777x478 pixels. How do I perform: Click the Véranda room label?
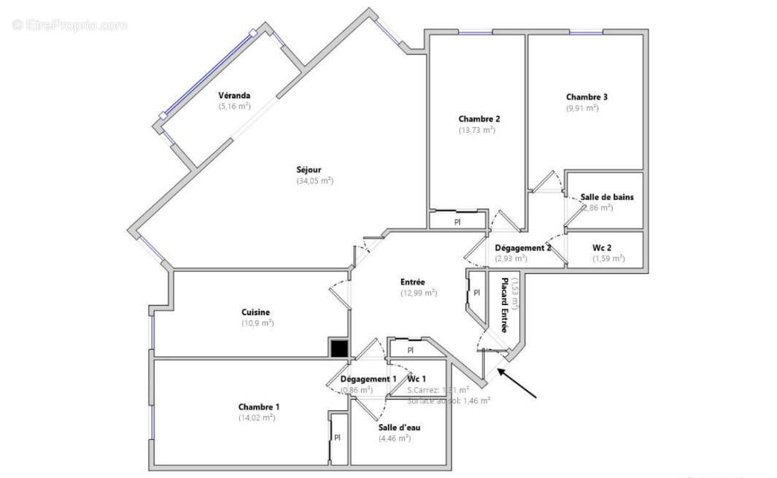tap(235, 96)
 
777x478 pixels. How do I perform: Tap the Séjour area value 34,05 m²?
tap(314, 181)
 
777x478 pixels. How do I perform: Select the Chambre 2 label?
tap(479, 119)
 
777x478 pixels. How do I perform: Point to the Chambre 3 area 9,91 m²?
tap(581, 108)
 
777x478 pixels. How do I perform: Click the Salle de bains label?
tap(607, 197)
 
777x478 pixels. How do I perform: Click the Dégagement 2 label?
tap(522, 247)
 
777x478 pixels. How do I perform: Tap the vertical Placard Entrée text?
tap(503, 305)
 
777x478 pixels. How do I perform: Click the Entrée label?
tap(412, 282)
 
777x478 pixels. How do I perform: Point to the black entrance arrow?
tap(518, 384)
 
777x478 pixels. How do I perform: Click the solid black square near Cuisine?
tap(339, 349)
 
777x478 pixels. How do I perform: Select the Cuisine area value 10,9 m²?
tap(258, 323)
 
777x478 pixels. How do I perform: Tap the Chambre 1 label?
tap(258, 406)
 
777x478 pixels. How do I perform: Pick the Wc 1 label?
tap(417, 379)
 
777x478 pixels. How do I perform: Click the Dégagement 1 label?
tap(368, 379)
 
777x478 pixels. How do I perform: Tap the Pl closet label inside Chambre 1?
tap(338, 437)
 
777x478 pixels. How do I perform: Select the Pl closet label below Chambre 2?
tap(457, 222)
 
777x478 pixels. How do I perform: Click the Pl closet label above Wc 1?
tap(411, 350)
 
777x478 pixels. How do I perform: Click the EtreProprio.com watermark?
tap(70, 25)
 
